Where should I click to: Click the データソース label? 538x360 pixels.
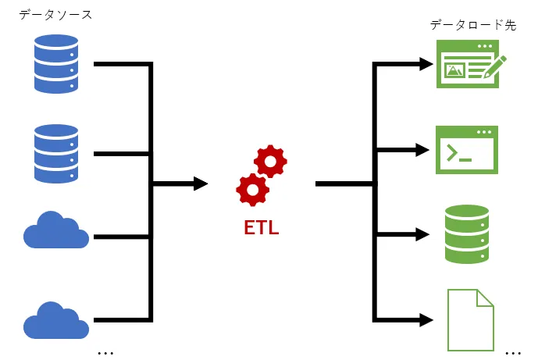pos(55,14)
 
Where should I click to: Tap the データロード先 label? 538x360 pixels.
pos(473,25)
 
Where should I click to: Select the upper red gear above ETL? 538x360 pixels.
pos(270,162)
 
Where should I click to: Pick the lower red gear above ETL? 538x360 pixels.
pos(252,190)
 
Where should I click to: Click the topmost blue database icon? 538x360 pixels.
pos(56,64)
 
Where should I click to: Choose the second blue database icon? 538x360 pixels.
pos(56,154)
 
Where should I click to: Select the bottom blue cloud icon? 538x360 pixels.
pos(55,319)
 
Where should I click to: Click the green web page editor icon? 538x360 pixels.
pos(466,64)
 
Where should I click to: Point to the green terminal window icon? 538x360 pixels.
pos(466,150)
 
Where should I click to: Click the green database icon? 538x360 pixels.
pos(466,233)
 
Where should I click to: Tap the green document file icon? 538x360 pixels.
pos(471,319)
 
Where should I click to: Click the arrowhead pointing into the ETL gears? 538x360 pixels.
pos(201,184)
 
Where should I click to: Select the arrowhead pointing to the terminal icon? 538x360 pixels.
pos(423,149)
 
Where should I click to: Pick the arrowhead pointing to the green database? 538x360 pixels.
pos(423,233)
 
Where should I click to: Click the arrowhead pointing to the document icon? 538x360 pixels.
pos(426,319)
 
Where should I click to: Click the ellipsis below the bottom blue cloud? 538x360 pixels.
pos(105,353)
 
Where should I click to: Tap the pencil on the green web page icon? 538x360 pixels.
pos(494,66)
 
